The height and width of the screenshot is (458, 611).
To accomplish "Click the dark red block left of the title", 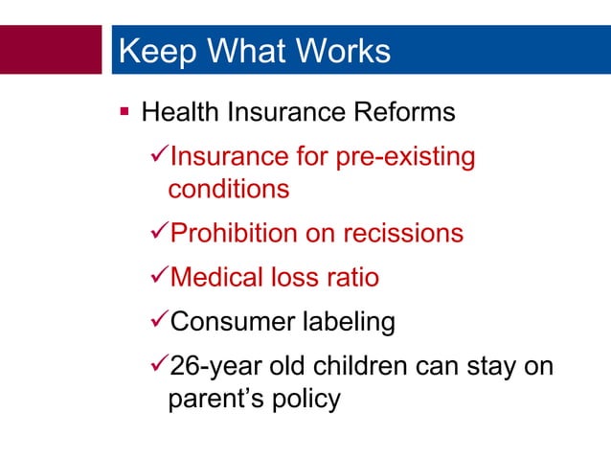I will (50, 50).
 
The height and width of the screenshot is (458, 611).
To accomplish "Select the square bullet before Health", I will (124, 114).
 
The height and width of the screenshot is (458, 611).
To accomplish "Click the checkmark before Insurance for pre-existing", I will (159, 156).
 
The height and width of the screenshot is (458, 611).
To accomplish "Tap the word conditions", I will (228, 189).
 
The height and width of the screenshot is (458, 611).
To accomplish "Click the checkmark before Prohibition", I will (159, 233).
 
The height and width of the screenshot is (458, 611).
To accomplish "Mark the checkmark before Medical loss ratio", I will (159, 277).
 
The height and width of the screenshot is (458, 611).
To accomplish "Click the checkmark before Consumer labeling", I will (159, 322).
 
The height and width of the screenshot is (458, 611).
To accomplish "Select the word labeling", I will (347, 323).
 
